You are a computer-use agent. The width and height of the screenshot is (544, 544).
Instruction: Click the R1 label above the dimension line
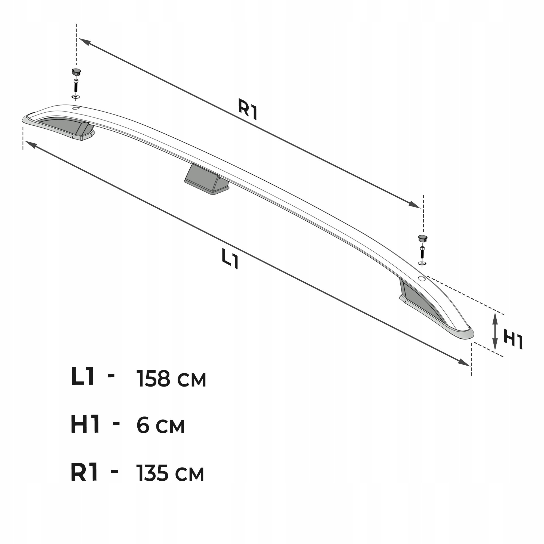[x=248, y=109]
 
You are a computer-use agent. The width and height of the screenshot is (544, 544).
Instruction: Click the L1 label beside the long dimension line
[x=230, y=258]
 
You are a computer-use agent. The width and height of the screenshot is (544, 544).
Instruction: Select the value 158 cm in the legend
[x=171, y=379]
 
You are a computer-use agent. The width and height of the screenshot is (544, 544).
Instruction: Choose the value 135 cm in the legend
[x=170, y=473]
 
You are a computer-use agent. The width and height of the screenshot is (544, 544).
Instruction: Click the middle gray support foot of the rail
[x=206, y=179]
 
